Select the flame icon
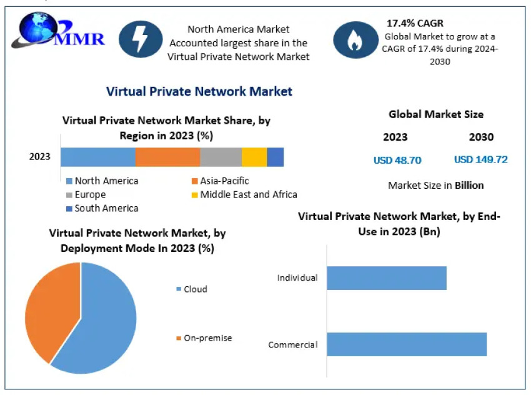point(354,39)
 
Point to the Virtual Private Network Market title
point(199,91)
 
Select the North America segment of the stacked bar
point(98,157)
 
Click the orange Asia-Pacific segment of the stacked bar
point(167,157)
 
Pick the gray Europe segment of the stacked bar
point(221,157)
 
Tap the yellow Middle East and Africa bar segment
point(254,157)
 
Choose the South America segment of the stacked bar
point(275,157)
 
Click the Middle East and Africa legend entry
point(244,194)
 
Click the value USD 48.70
point(397,160)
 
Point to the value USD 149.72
point(480,159)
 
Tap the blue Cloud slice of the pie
point(106,319)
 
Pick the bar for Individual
point(386,277)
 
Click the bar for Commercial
point(406,344)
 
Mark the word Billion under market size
point(469,185)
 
